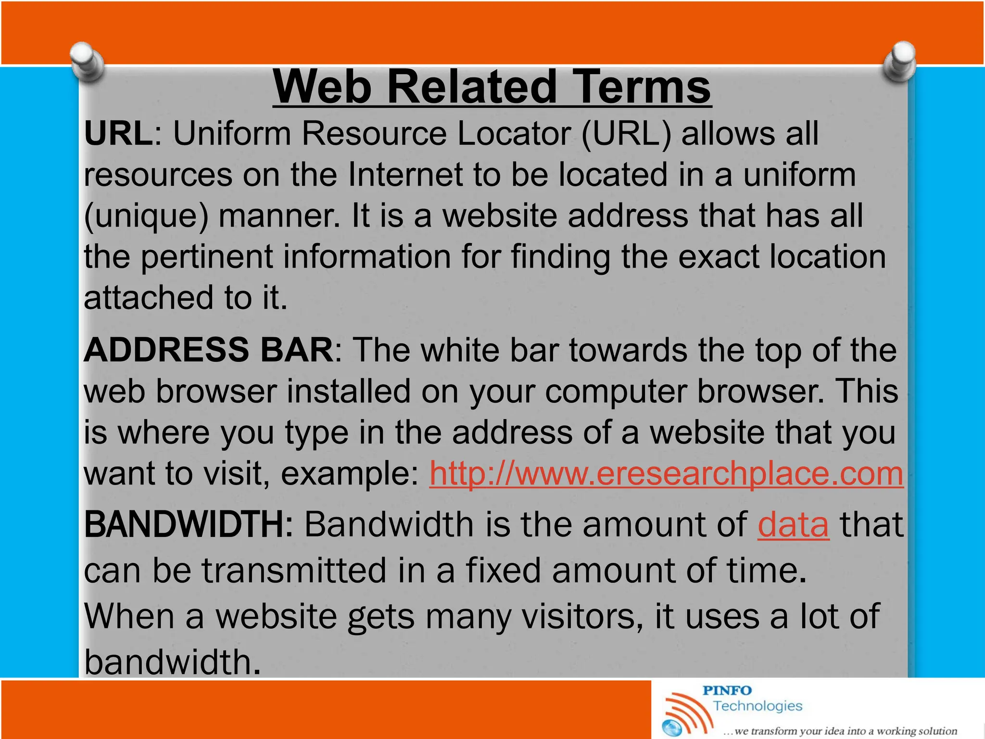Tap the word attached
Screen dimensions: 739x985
tap(147, 297)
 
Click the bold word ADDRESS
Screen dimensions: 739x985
tap(166, 350)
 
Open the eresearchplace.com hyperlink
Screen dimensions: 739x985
tap(666, 473)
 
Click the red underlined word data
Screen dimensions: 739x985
tap(793, 524)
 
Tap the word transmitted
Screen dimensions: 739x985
tap(294, 571)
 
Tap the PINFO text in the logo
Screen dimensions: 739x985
tap(727, 691)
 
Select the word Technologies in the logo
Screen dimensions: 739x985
tap(758, 706)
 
